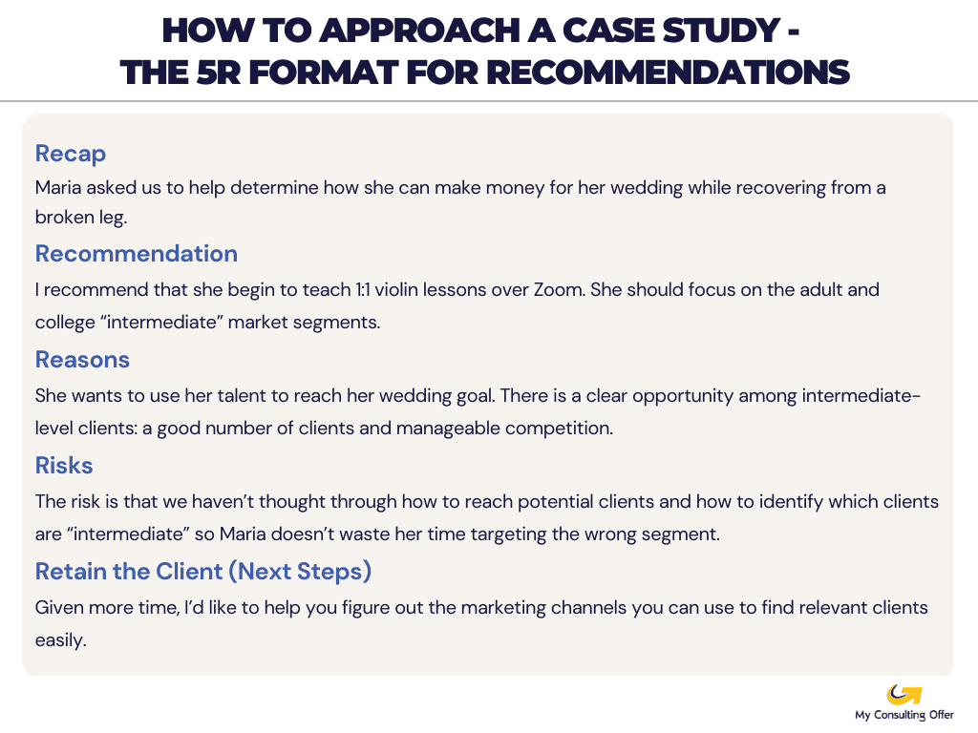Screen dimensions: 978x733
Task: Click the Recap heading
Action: click(71, 154)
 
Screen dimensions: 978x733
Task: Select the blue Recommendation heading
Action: click(137, 254)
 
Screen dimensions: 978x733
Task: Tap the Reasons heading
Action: click(82, 360)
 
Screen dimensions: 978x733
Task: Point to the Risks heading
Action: click(64, 466)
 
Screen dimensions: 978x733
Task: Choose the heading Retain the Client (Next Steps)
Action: click(203, 572)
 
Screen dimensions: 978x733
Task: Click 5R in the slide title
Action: click(219, 73)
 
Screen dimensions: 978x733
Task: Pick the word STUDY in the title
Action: click(720, 31)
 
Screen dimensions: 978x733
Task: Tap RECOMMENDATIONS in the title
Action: click(668, 73)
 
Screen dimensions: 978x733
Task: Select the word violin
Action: click(396, 290)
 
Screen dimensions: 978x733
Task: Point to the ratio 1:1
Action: click(363, 290)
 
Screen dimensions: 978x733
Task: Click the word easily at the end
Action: click(60, 640)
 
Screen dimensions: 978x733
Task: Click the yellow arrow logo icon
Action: click(904, 695)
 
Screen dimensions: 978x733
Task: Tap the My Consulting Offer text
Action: click(904, 715)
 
